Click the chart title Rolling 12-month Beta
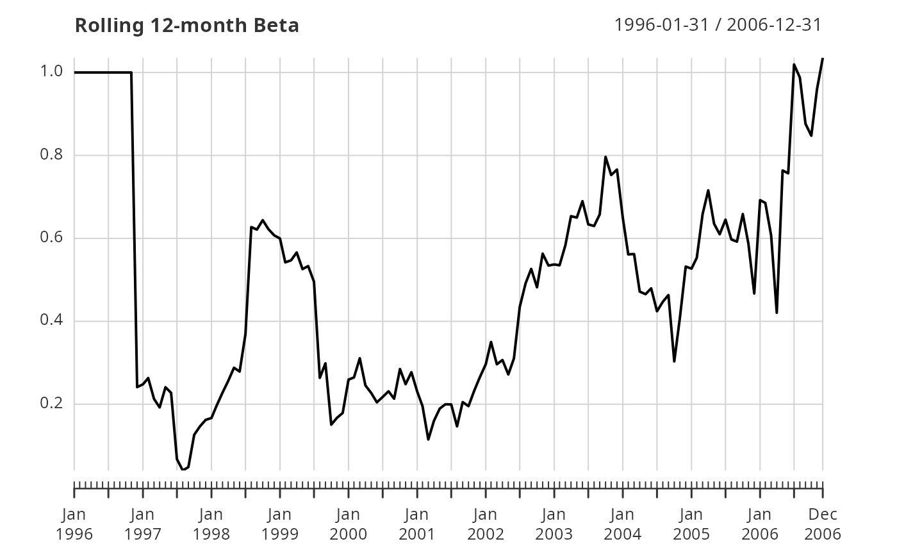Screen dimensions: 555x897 click(186, 26)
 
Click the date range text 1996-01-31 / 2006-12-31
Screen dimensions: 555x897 click(718, 25)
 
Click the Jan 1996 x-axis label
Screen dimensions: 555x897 click(74, 524)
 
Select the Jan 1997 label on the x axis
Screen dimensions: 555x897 click(143, 524)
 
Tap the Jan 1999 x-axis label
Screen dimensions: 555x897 click(280, 524)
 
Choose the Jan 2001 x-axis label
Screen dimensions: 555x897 click(417, 524)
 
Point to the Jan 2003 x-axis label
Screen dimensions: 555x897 click(554, 524)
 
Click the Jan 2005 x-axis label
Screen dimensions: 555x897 click(691, 524)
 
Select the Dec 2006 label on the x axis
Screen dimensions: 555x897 click(823, 524)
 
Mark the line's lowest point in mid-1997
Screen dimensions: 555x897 click(183, 470)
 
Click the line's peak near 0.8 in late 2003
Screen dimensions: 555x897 click(605, 156)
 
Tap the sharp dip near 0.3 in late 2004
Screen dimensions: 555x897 click(674, 361)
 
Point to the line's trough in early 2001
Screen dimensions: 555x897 click(428, 439)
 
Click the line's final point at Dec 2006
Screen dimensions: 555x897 click(823, 58)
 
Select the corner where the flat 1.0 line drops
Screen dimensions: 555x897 click(131, 72)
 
